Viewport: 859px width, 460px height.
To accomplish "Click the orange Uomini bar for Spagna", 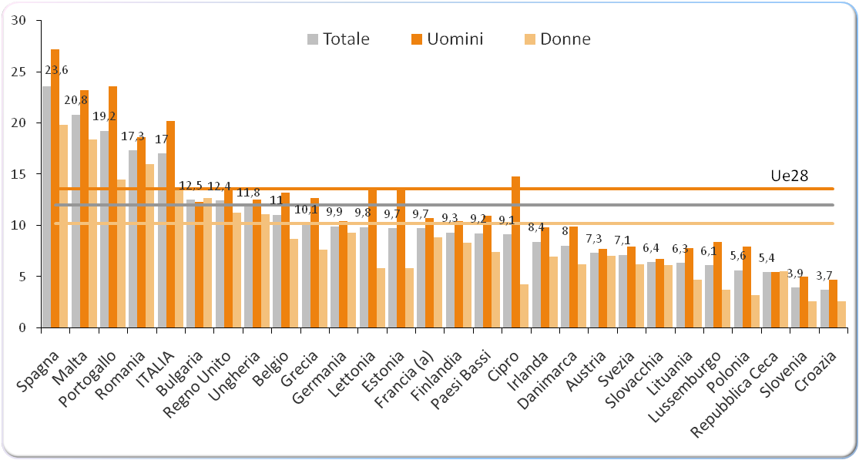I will click(55, 193).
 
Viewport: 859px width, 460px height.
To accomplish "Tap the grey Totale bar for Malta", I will click(75, 223).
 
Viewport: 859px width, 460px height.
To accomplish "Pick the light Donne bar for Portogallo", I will click(121, 254).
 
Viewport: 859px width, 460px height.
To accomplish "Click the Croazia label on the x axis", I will click(818, 362).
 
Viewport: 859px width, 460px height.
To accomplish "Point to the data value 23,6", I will click(56, 70).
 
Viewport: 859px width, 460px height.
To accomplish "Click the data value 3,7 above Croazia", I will click(824, 276).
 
